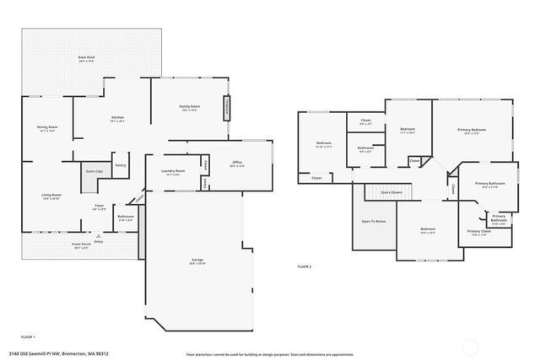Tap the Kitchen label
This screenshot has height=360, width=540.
(x=118, y=119)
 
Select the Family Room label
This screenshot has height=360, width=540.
(x=189, y=108)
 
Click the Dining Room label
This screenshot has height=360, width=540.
(x=46, y=128)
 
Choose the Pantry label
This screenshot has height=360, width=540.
(x=121, y=165)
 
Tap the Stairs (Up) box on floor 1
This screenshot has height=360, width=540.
(x=94, y=170)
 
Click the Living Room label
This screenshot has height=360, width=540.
(x=51, y=196)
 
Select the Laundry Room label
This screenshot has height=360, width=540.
(x=173, y=172)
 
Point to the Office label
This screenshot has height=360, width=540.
(x=237, y=164)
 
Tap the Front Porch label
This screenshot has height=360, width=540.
(x=82, y=245)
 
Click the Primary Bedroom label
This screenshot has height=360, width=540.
(x=472, y=131)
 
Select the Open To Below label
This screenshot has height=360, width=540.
(x=373, y=222)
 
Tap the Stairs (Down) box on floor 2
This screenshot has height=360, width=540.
(x=391, y=192)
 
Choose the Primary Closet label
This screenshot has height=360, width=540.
(x=478, y=232)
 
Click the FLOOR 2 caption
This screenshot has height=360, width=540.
(x=305, y=266)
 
